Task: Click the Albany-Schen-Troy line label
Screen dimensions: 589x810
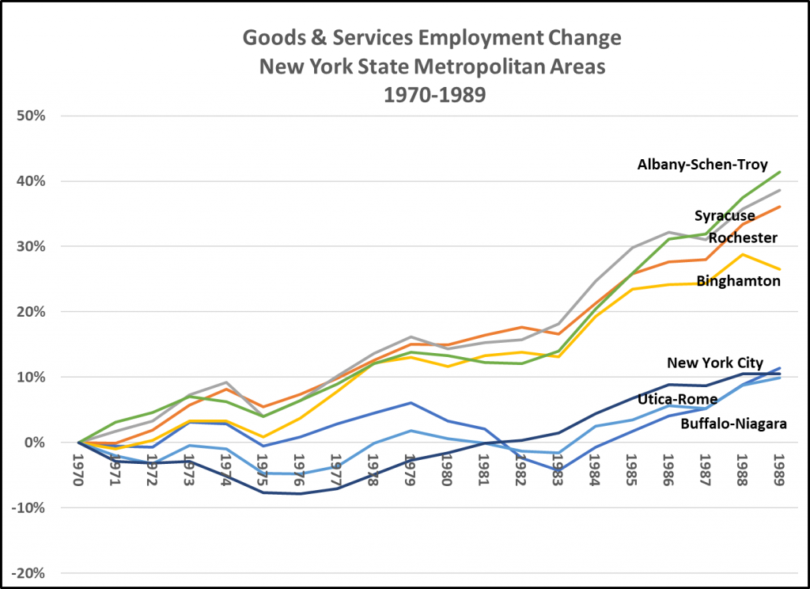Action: click(x=702, y=165)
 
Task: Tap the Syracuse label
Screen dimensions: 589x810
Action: click(x=725, y=215)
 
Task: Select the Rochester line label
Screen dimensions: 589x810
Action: click(x=743, y=237)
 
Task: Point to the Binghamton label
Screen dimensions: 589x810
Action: click(x=738, y=279)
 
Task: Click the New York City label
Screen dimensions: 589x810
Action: click(x=715, y=363)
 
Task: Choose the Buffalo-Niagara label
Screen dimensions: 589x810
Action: click(x=733, y=424)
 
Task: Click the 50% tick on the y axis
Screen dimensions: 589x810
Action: click(x=31, y=116)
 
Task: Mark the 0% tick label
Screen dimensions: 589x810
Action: click(x=36, y=443)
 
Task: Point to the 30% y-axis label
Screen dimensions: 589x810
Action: click(x=31, y=246)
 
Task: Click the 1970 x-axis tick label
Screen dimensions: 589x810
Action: click(x=78, y=470)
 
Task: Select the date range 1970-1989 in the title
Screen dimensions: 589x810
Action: click(x=431, y=94)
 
